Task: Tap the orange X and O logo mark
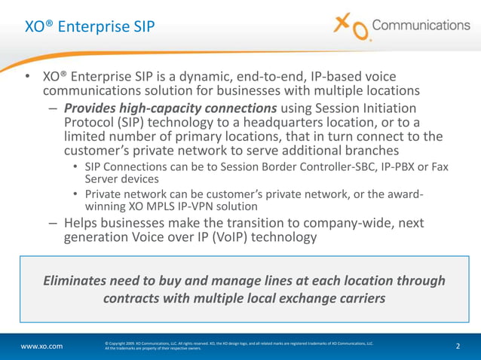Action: [x=352, y=28]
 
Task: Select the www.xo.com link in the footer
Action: [x=41, y=346]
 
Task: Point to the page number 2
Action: [x=458, y=346]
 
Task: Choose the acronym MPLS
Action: [x=151, y=207]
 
